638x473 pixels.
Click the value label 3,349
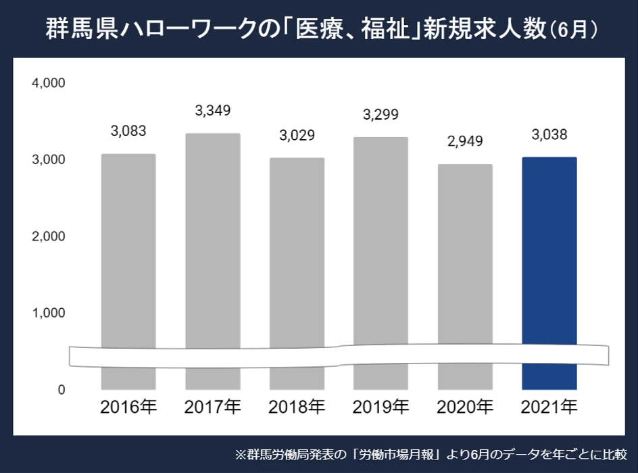212,109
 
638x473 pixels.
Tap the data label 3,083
128,130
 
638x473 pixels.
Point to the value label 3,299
381,114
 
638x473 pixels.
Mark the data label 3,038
549,134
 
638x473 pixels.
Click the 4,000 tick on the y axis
48,83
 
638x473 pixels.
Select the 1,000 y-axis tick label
48,314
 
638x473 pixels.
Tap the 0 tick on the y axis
61,390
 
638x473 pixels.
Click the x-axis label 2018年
297,407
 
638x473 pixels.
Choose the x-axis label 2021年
549,407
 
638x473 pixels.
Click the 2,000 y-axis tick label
48,236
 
